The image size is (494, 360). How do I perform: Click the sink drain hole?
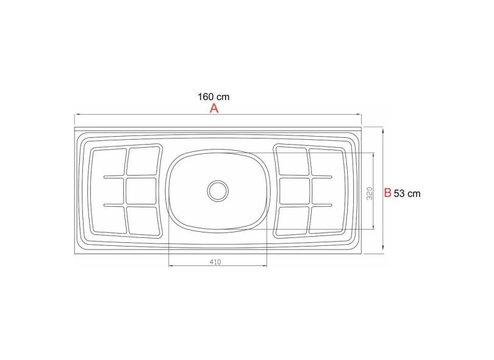218,190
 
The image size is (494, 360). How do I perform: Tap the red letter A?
214,109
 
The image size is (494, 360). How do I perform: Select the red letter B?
387,193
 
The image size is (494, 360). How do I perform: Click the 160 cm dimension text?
213,96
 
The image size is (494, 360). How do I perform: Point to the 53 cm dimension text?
407,193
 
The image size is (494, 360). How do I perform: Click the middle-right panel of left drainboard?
141,190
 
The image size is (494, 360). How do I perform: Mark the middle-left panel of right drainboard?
293,190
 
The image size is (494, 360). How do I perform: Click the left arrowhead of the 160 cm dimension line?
77,115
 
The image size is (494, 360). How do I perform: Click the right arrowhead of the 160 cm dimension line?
360,115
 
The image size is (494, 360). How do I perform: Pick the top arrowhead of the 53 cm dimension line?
382,129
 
